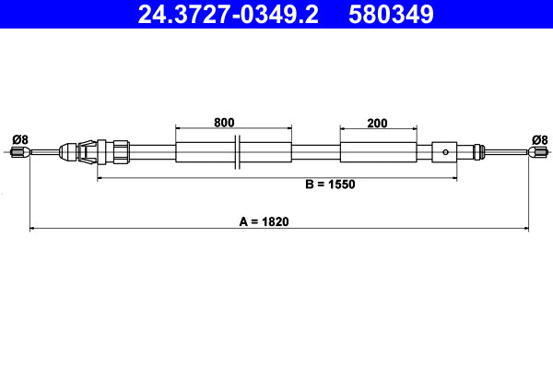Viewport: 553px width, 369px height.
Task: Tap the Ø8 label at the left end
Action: click(x=19, y=139)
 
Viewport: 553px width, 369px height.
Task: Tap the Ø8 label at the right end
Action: click(x=540, y=139)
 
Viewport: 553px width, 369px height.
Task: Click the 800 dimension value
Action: click(x=224, y=122)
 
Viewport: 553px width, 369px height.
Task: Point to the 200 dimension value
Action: click(x=376, y=122)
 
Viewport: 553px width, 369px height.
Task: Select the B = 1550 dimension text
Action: click(x=330, y=184)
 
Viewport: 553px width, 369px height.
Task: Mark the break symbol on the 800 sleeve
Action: click(x=238, y=152)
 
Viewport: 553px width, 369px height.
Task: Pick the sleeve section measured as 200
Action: click(x=376, y=152)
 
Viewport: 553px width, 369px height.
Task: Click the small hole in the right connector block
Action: click(x=445, y=152)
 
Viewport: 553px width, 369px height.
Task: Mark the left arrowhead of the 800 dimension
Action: click(x=179, y=128)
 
